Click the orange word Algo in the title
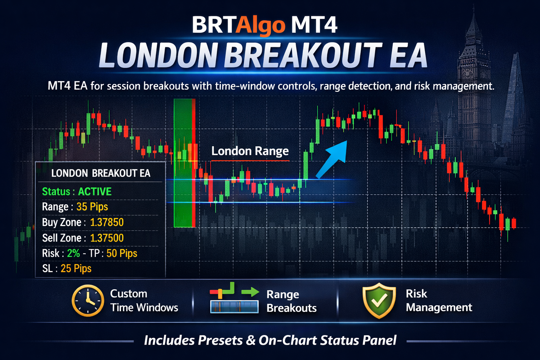click(261, 26)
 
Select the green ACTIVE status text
click(95, 192)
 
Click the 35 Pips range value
click(92, 207)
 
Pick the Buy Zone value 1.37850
click(107, 222)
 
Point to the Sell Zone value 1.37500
click(107, 238)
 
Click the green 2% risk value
click(73, 253)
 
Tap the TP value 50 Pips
click(122, 253)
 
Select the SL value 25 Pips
click(76, 268)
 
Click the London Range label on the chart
click(250, 152)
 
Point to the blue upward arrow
click(331, 160)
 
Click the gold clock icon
click(88, 301)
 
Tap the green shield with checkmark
click(379, 301)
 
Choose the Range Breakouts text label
click(291, 301)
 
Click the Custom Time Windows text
click(144, 301)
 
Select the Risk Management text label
click(439, 301)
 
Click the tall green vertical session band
click(183, 163)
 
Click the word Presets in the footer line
click(220, 340)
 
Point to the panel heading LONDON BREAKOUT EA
click(101, 173)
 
